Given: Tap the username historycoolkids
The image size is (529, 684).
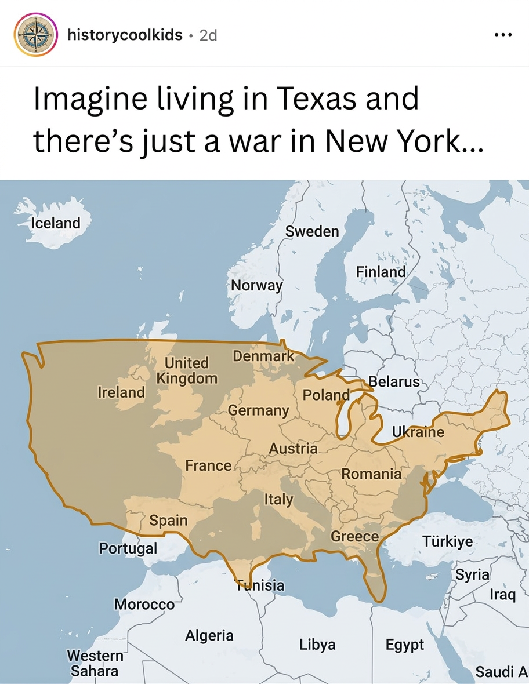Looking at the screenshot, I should pos(125,35).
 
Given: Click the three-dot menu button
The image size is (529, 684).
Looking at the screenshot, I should pos(502,35).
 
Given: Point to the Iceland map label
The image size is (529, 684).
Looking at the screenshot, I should pos(56,223).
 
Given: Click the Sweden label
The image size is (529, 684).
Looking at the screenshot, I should pos(312,231).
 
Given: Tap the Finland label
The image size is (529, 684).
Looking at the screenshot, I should pos(381,271).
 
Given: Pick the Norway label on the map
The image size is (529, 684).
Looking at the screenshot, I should pos(256,285).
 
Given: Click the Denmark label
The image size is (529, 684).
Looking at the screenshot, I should pos(263,356).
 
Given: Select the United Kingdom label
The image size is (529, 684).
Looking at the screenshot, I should pos(187,370).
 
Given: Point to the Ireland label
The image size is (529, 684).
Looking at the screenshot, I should pos(121,392).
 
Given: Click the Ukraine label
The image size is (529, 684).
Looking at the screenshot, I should pos(418,432).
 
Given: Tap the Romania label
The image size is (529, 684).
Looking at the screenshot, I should pos(371,474).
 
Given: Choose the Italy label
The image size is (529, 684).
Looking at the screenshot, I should pos(279,499).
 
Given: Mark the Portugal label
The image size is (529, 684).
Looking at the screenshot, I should pos(128,548).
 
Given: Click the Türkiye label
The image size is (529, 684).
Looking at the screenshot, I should pos(447,542).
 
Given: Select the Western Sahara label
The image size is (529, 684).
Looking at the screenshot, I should pos(95,663).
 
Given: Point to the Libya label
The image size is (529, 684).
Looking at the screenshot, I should pos(317,644).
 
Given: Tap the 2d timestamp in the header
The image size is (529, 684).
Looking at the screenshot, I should pos(208,35).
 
